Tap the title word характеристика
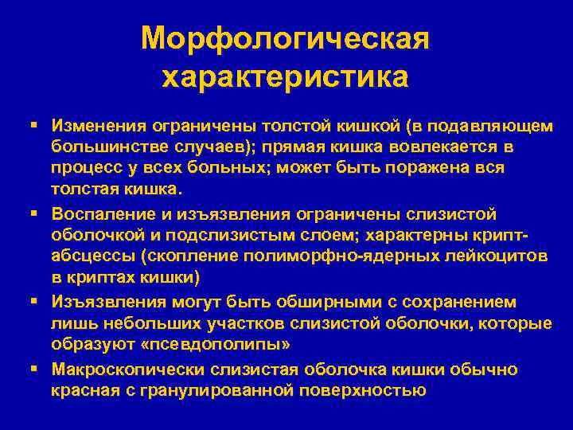coord(286,77)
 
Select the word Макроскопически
coord(130,369)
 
